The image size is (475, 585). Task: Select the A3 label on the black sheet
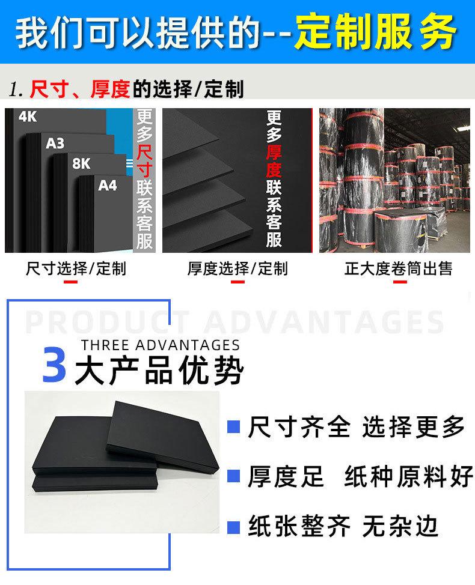pos(55,143)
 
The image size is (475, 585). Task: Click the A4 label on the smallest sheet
pos(107,185)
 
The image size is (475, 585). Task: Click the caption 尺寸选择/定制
pos(76,268)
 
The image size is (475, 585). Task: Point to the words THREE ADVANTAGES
pos(160,345)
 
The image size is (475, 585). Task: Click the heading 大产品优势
pos(159,372)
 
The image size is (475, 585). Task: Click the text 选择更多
pos(414,428)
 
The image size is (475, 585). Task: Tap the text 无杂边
pos(400,527)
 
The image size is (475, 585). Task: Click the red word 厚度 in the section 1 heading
pos(110,89)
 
